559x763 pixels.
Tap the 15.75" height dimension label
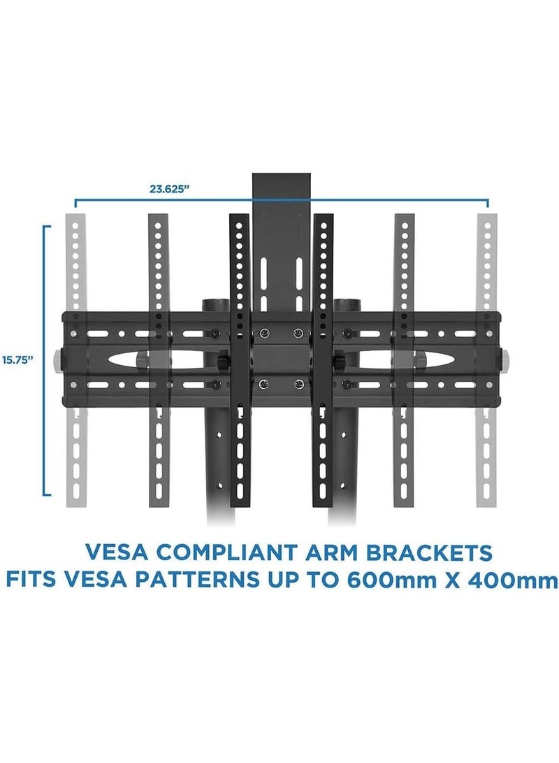(18, 360)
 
